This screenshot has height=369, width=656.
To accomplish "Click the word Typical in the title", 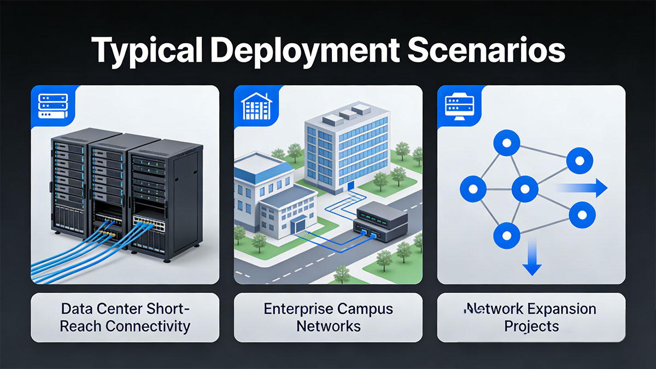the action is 147,51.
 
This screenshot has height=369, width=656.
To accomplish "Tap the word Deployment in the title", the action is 304,50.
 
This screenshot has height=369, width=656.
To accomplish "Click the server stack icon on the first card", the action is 53,106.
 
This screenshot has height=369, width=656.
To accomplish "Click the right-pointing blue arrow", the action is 581,188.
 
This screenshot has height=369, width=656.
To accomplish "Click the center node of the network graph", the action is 525,189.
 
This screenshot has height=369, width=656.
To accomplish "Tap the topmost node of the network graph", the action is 507,143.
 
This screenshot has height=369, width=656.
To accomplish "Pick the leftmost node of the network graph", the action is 473,189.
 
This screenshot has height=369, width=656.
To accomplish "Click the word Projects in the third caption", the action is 531,327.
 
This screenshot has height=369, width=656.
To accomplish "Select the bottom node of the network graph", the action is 507,236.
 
